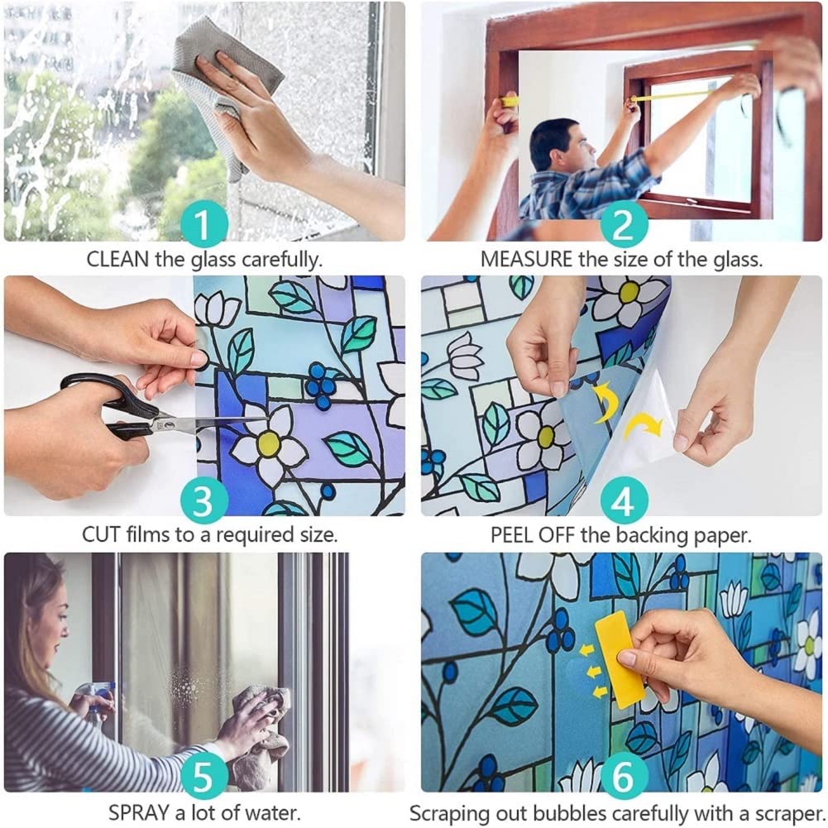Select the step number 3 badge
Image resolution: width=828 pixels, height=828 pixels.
(204, 501)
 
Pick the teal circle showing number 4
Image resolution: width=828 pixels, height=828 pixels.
(623, 501)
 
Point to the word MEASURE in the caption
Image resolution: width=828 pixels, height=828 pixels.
(526, 260)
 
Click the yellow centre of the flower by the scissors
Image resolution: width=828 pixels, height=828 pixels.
(267, 443)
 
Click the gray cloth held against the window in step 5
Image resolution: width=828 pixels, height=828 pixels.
(261, 728)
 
